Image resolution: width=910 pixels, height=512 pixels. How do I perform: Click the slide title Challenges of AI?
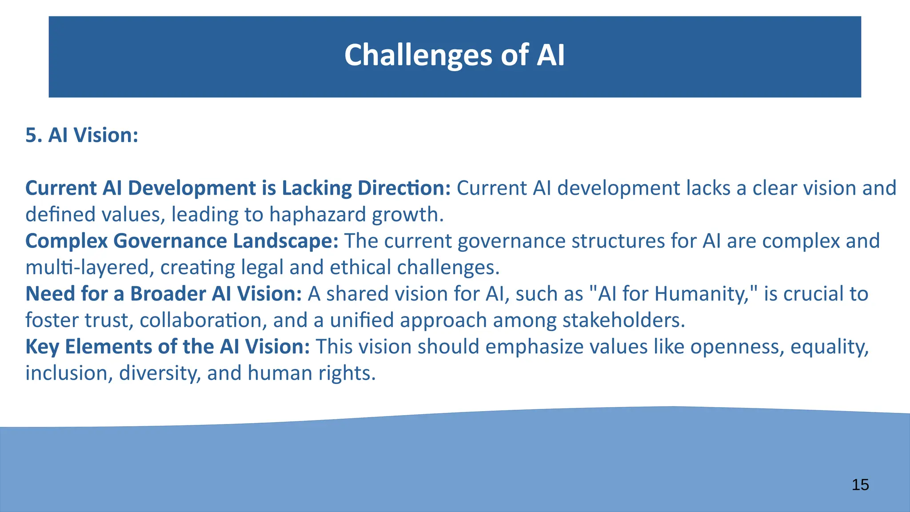(x=454, y=55)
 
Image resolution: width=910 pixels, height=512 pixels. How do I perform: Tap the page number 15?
(x=860, y=485)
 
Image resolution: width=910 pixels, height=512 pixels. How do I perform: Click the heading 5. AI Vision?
(x=82, y=135)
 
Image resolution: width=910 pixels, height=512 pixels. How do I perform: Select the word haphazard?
(x=318, y=215)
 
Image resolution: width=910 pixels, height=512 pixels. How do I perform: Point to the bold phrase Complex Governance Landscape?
(x=182, y=241)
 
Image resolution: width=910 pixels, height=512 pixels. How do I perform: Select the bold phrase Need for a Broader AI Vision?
(x=164, y=294)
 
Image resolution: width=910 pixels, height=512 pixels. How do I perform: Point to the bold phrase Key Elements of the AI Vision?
(x=168, y=347)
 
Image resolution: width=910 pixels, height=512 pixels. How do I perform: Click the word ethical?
(x=360, y=268)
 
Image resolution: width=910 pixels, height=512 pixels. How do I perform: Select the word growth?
(x=407, y=215)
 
